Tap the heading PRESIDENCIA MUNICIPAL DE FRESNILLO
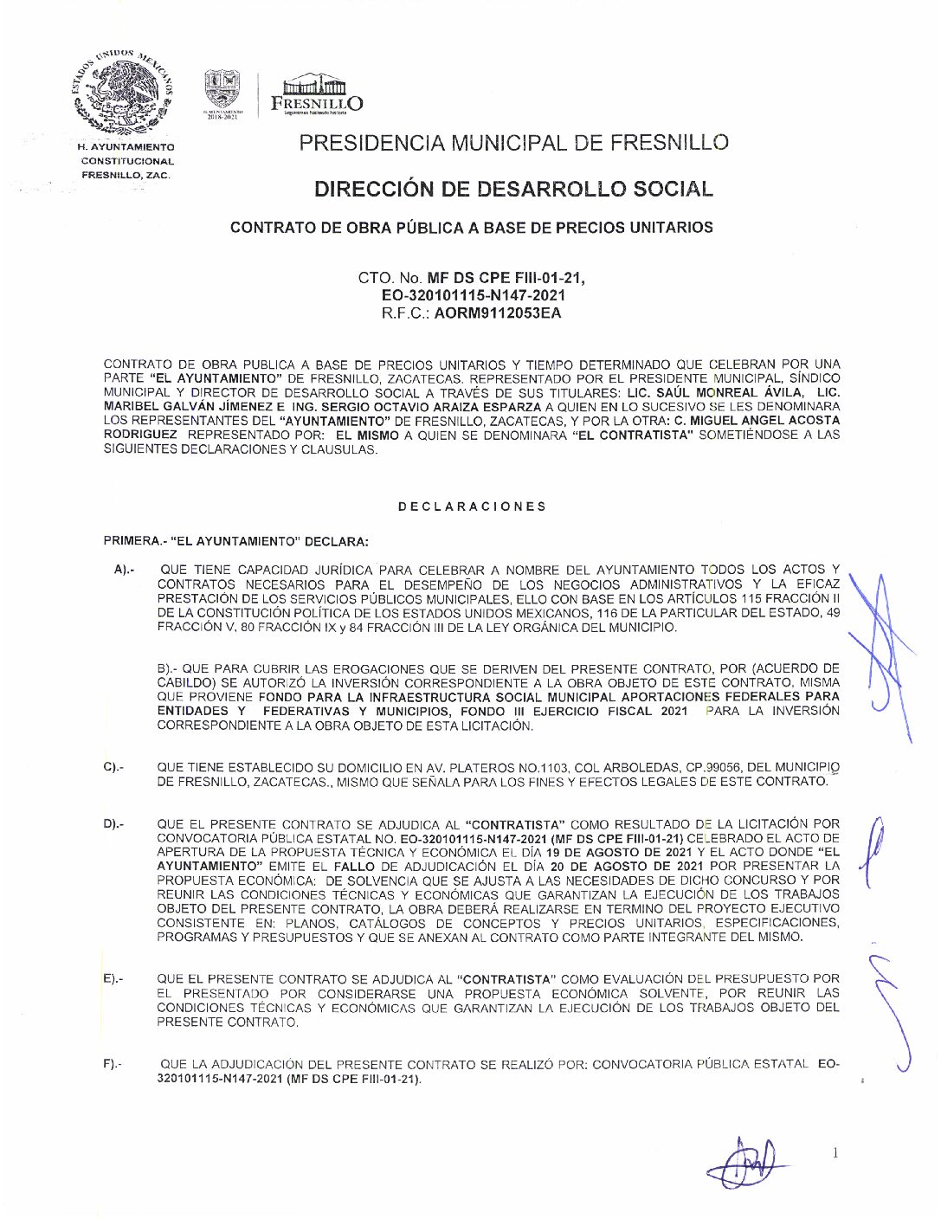pos(513,143)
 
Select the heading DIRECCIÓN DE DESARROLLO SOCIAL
pos(513,189)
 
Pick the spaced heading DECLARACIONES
pos(472,506)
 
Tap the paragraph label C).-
pos(113,767)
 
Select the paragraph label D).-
pos(113,824)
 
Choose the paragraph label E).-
pos(113,979)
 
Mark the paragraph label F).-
pos(113,1064)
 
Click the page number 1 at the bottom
pos(835,1153)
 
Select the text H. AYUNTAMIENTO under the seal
pos(126,147)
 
